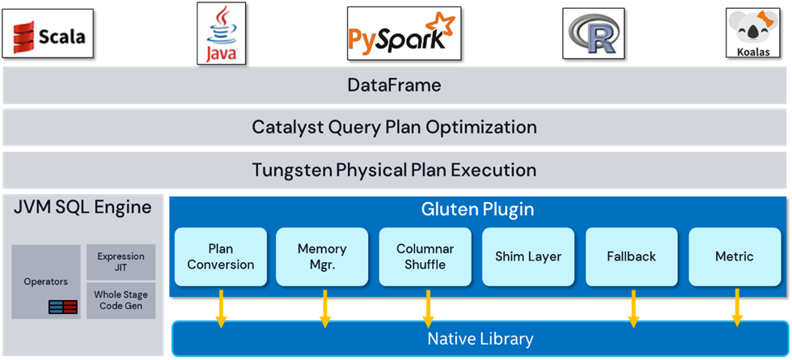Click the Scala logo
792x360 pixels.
click(x=48, y=36)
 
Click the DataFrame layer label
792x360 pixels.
click(x=394, y=85)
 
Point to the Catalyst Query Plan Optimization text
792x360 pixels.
click(x=394, y=127)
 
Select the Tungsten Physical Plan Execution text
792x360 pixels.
click(x=394, y=170)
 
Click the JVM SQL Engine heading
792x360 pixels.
click(x=83, y=207)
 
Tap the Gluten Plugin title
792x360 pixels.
click(x=477, y=210)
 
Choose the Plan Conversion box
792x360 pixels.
click(x=220, y=256)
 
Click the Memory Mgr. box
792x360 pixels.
click(x=322, y=256)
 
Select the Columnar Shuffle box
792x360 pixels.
click(x=426, y=256)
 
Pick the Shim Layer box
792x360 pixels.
click(x=528, y=256)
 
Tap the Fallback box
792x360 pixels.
click(x=631, y=256)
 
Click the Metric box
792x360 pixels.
click(x=734, y=256)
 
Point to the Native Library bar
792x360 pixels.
click(x=480, y=338)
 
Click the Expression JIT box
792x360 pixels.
click(x=121, y=261)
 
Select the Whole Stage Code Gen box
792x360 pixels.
click(x=121, y=300)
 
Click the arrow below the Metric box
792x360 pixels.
click(x=736, y=307)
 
